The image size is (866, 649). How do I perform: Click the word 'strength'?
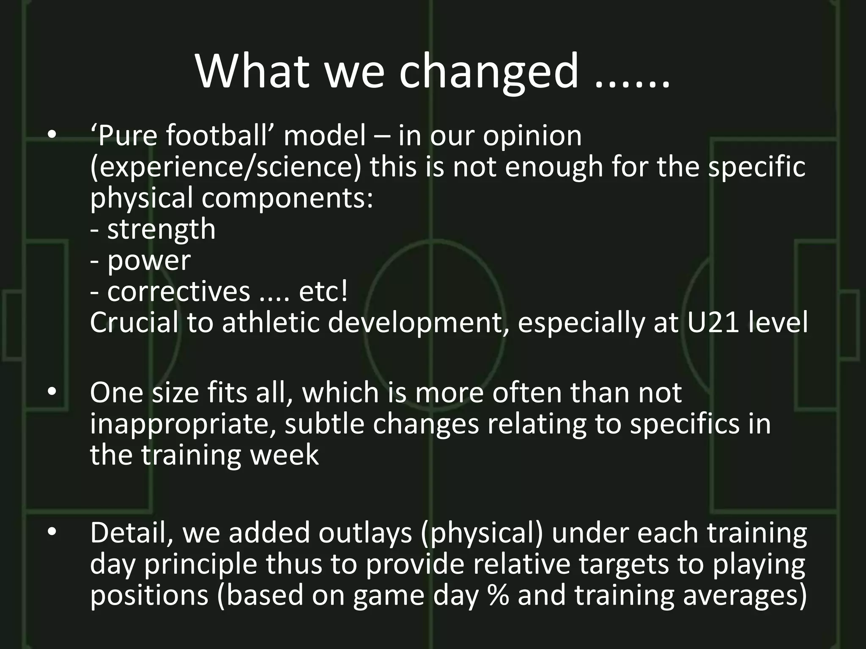click(161, 229)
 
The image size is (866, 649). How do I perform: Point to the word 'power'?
click(148, 261)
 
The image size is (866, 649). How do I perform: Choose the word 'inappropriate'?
click(182, 425)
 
